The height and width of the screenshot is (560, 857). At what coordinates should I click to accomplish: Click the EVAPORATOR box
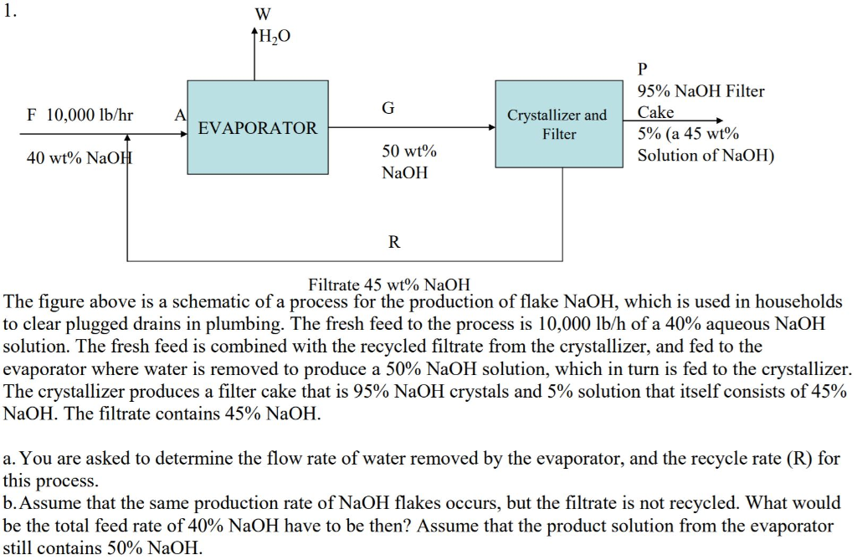(258, 128)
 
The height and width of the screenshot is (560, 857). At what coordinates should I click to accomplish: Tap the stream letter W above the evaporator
(262, 15)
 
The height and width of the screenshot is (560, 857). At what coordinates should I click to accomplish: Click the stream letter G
(387, 108)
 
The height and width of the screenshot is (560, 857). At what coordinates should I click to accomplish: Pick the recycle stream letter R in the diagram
(394, 243)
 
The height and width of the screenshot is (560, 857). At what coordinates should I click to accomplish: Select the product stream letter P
(643, 69)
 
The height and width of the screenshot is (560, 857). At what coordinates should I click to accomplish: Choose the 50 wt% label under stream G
(409, 152)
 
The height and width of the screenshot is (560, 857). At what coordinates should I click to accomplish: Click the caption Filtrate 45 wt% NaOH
(390, 285)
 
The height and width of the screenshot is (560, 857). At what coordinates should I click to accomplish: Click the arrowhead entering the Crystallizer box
(492, 128)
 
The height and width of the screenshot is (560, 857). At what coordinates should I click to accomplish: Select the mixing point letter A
(177, 115)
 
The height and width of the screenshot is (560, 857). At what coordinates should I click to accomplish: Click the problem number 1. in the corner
(10, 12)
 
